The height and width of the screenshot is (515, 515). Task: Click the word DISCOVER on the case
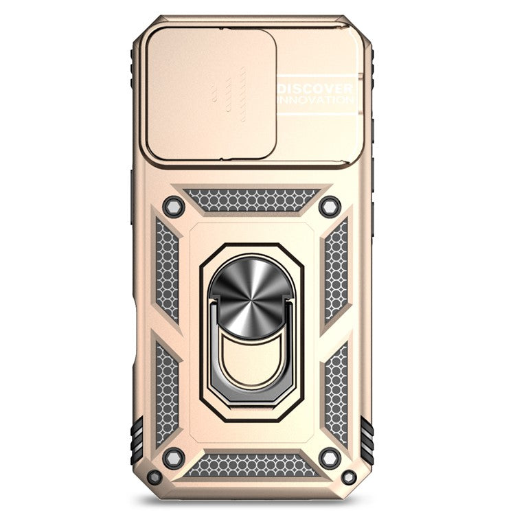[316, 89]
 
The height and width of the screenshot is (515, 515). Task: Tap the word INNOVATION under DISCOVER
[316, 100]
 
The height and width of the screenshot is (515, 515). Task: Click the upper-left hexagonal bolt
[174, 206]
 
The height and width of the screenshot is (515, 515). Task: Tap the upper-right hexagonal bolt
[330, 206]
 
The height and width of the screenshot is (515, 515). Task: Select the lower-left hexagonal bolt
[174, 458]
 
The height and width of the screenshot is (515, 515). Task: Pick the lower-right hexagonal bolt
[330, 458]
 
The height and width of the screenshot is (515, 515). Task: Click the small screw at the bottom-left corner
[155, 477]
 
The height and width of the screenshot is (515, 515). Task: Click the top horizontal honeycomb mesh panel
[252, 200]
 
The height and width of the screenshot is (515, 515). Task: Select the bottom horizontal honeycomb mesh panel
[252, 465]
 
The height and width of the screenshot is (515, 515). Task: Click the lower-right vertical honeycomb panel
[336, 391]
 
